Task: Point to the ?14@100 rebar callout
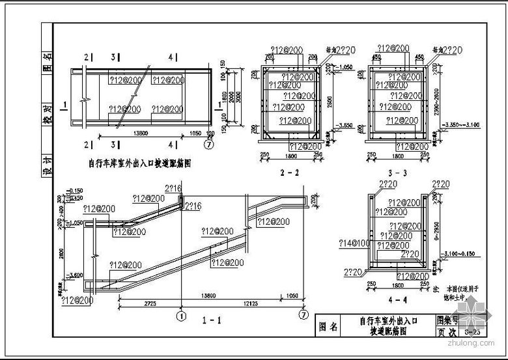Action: (x=352, y=243)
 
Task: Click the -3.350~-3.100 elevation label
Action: (x=460, y=124)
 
